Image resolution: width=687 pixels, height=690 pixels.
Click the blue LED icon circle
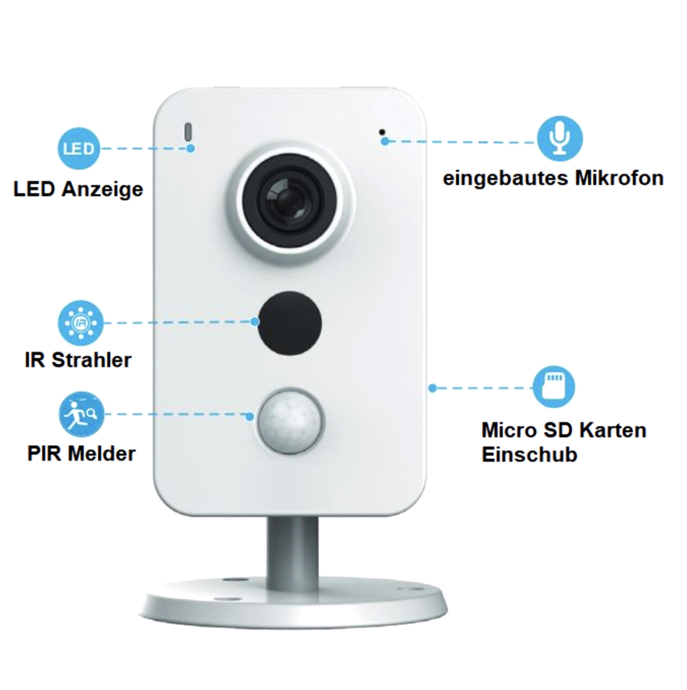tap(79, 148)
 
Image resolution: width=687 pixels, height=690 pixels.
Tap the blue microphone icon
tap(560, 138)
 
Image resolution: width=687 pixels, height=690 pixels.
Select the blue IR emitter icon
tap(80, 323)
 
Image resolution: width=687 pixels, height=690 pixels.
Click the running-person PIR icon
tap(81, 414)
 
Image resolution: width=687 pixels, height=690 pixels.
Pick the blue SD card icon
tap(553, 387)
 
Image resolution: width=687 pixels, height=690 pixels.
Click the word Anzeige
tap(102, 189)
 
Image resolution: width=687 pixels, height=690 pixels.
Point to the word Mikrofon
tap(619, 178)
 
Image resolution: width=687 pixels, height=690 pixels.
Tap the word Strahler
tap(91, 360)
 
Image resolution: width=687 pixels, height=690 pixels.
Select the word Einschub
tap(529, 454)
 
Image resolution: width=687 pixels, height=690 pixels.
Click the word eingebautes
tap(506, 178)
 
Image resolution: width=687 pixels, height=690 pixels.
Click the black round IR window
tap(290, 323)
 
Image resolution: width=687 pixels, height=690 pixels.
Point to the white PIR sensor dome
tap(290, 419)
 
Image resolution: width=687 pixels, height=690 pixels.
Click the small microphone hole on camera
tap(382, 131)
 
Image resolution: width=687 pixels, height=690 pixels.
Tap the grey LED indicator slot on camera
tap(188, 132)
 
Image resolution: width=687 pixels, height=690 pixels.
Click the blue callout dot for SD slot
tap(432, 388)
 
